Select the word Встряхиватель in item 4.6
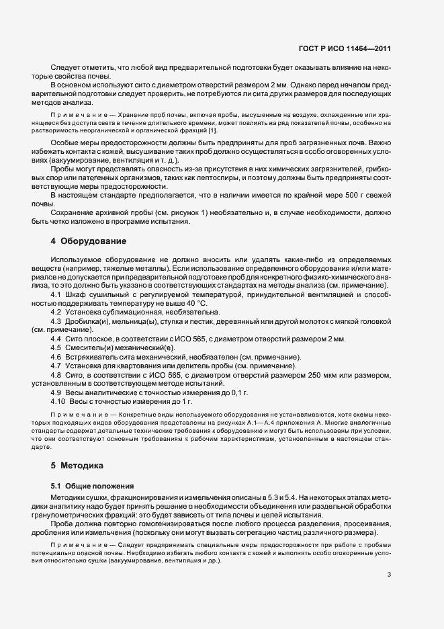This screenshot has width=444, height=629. (x=93, y=355)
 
